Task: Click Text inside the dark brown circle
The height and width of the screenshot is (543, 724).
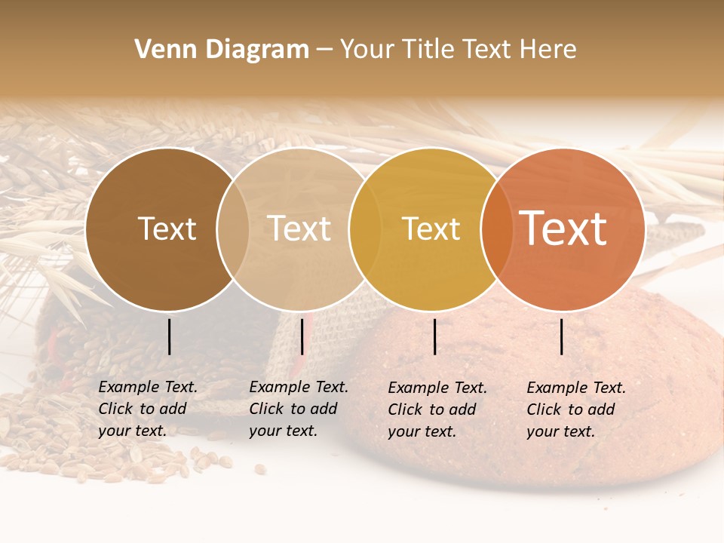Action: coord(167,229)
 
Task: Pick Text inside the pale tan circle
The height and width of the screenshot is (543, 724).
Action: coord(299,229)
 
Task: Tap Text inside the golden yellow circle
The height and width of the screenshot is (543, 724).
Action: coord(431,229)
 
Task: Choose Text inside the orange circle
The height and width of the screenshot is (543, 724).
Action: coord(563,228)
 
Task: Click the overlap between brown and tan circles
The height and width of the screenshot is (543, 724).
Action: coord(233,229)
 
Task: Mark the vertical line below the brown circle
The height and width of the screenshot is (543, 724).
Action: coord(169,336)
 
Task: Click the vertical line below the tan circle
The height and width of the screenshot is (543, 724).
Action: coord(302,336)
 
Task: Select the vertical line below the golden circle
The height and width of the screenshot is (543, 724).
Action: coord(434,336)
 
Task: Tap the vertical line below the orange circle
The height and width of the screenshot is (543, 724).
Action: coord(562,336)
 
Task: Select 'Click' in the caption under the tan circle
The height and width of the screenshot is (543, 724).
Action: coord(265,409)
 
